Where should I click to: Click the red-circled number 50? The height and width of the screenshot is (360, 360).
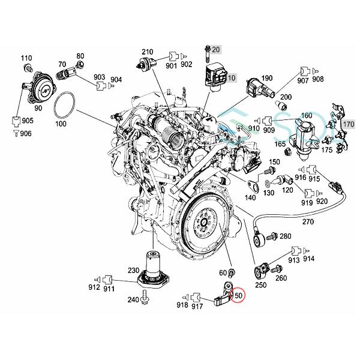pos(238,296)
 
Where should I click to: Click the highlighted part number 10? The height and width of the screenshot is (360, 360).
pos(232,77)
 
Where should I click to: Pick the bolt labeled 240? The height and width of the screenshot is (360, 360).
pos(146,296)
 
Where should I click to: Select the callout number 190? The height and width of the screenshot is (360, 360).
pos(267,79)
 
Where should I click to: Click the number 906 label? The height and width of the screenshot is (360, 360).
pos(25,133)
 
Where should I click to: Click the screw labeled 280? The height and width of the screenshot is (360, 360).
pos(269,238)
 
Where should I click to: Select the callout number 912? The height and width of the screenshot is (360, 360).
pos(95,279)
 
